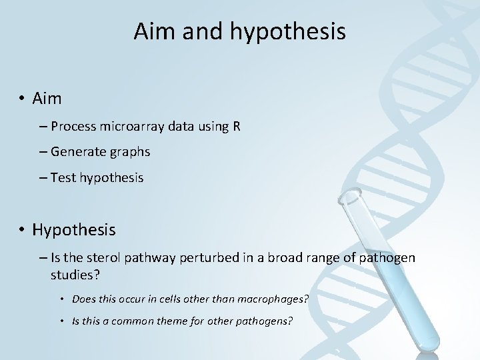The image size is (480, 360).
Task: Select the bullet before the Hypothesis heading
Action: point(23,230)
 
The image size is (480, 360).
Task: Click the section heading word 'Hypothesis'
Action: point(74,230)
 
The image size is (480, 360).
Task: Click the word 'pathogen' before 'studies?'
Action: point(390,257)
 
